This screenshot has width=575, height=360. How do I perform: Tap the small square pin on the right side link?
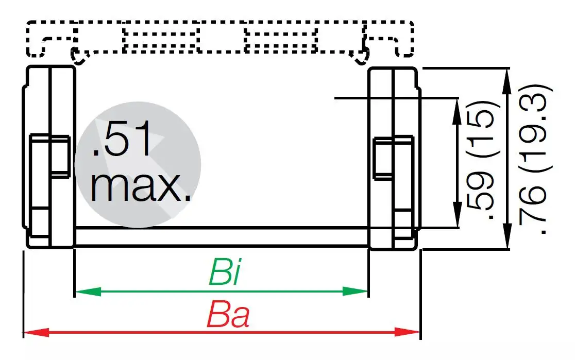click(393, 158)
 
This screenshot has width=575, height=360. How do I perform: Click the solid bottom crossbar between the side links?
click(222, 238)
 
